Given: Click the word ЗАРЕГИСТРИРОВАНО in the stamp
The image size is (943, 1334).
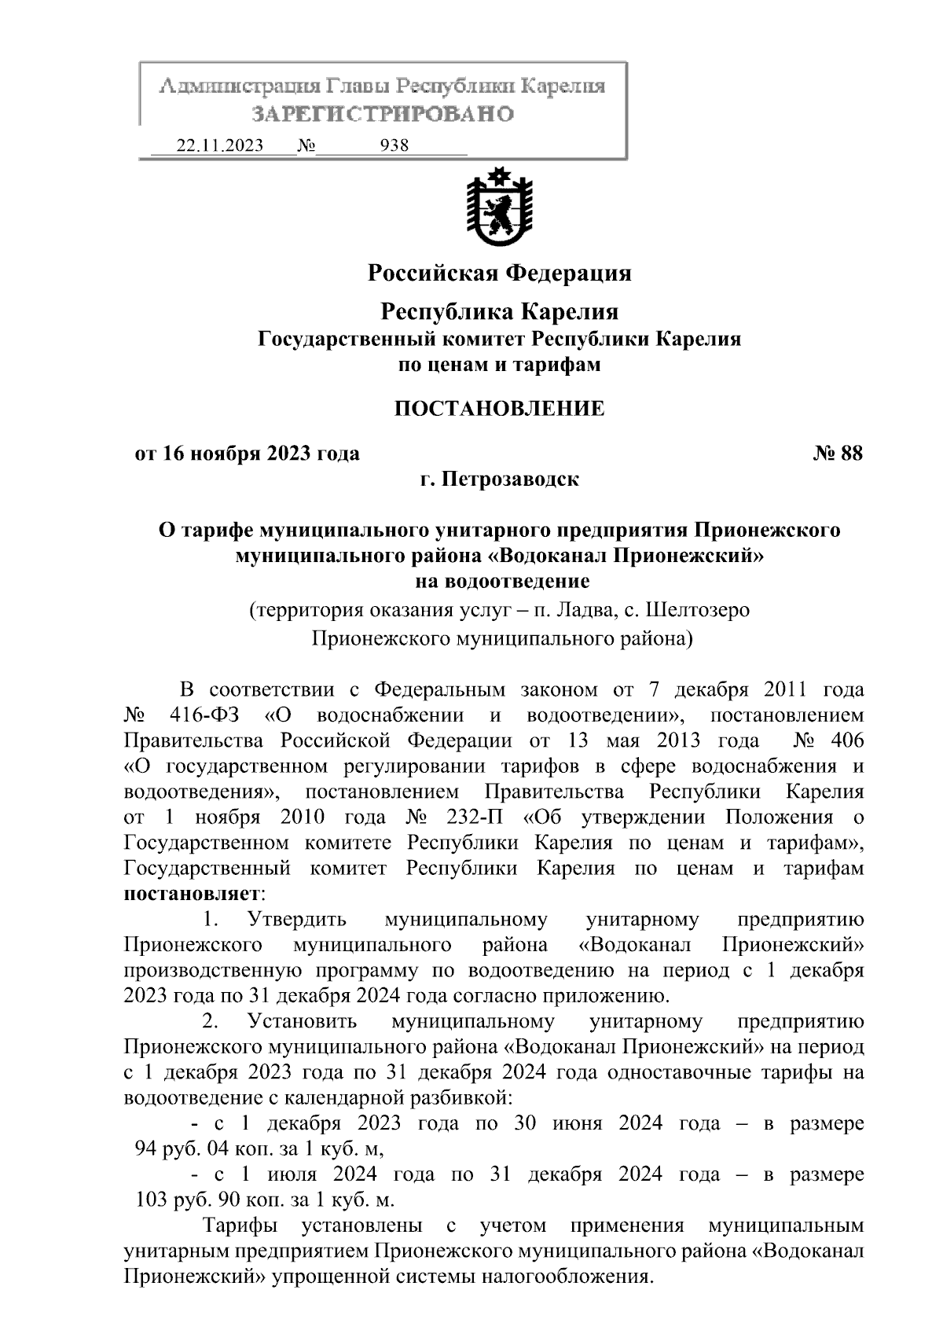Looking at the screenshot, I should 383,114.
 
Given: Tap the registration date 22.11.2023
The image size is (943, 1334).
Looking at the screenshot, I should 220,146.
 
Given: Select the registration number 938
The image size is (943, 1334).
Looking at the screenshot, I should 394,146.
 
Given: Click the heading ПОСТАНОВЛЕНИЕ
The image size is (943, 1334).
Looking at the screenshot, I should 499,409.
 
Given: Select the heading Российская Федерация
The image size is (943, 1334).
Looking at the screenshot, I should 500,273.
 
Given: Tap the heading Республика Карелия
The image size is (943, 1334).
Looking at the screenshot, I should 500,312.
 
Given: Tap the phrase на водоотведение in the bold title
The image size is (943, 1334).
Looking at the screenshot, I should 502,582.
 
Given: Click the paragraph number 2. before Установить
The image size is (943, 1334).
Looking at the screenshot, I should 210,1022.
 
